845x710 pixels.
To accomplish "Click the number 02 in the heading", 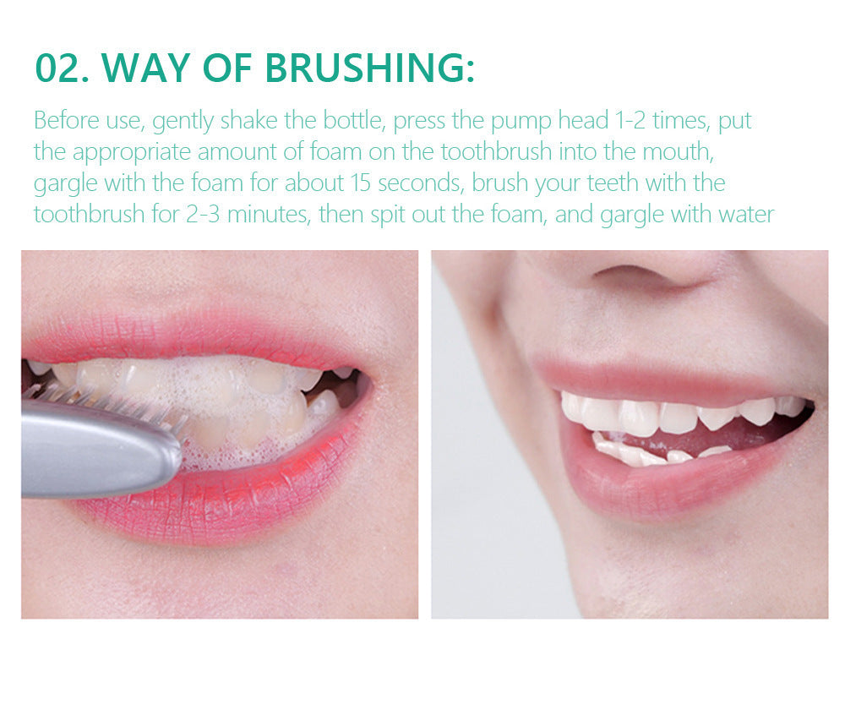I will click(60, 68).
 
